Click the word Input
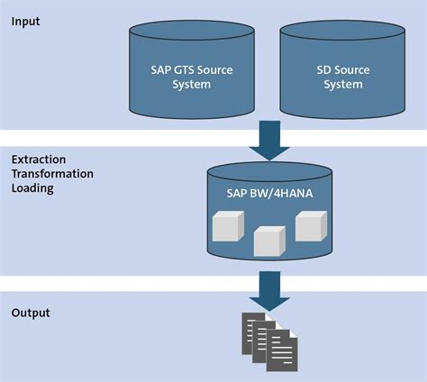tap(28, 21)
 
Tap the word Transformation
tap(52, 174)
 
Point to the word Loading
tap(32, 189)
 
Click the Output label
tap(32, 313)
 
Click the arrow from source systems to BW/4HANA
tap(268, 140)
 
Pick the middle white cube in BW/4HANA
tap(268, 241)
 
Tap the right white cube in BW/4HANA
tap(310, 225)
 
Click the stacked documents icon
tap(268, 340)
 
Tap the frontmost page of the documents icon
tap(280, 352)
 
